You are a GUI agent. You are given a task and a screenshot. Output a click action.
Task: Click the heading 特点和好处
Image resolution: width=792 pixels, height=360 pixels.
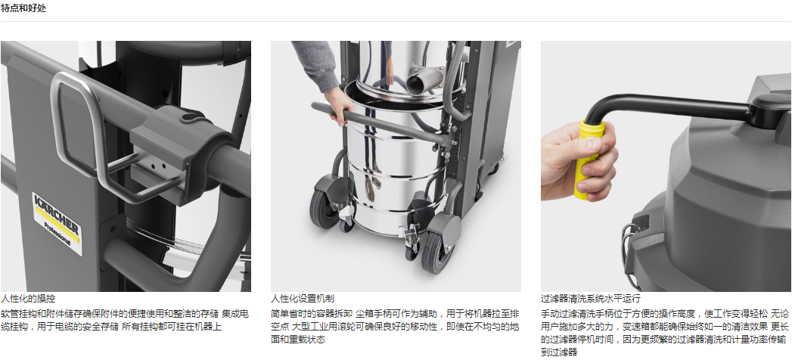[x=23, y=8]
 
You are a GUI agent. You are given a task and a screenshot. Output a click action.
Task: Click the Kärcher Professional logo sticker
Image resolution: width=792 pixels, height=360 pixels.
[x=57, y=222]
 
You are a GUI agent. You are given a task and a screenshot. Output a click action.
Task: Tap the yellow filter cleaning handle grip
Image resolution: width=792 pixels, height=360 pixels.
[x=589, y=159]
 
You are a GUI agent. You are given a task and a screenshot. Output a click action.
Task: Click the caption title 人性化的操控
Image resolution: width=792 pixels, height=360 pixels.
[x=28, y=299]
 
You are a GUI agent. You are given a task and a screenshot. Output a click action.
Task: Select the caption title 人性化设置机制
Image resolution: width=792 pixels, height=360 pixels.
[x=302, y=299]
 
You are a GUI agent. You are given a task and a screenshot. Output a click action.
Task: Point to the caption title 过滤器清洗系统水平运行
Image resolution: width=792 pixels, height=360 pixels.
[x=591, y=299]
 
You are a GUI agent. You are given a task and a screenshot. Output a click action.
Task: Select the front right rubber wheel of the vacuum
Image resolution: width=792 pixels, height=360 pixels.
[x=436, y=252]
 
